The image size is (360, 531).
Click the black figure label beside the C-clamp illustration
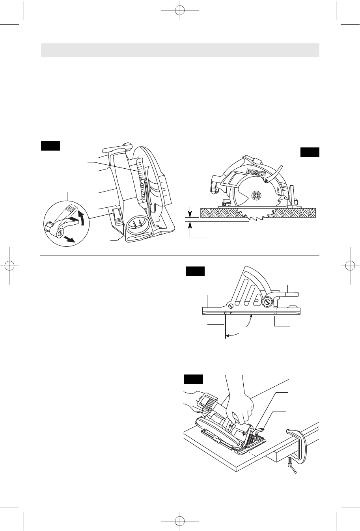coord(194,379)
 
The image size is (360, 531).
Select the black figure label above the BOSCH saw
coord(310,152)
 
